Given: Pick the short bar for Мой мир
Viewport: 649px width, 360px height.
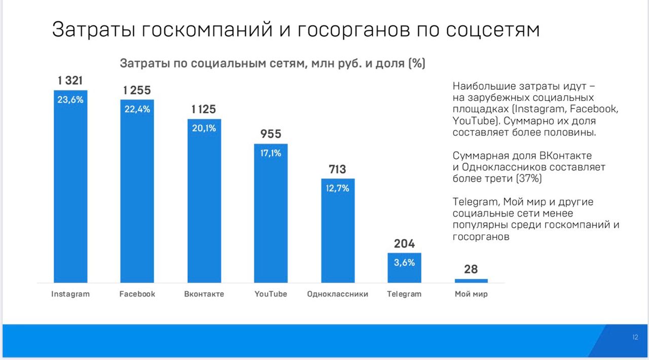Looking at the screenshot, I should [x=471, y=280].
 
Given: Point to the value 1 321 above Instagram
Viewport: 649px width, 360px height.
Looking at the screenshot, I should [x=70, y=81].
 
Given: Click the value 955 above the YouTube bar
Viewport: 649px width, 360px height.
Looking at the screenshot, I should [x=271, y=134].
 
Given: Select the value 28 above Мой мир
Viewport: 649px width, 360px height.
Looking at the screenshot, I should [x=471, y=269].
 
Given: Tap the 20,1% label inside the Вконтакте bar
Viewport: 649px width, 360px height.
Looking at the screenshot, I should [x=204, y=128].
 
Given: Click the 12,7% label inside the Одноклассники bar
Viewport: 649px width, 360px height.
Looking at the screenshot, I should [x=337, y=188].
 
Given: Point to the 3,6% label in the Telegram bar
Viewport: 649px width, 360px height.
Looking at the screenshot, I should [x=404, y=263].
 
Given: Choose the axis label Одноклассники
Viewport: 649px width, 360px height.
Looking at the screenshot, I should [x=337, y=294].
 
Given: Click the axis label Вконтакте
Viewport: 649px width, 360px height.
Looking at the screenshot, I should [x=204, y=294].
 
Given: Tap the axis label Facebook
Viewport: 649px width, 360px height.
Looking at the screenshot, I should [x=137, y=294].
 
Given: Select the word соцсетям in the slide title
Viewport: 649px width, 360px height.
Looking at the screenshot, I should [x=492, y=30].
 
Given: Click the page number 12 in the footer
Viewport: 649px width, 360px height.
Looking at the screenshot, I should [x=635, y=337].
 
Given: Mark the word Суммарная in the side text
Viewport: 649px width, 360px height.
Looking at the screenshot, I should [x=480, y=156].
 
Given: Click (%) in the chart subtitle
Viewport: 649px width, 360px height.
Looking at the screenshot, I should [x=416, y=64].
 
